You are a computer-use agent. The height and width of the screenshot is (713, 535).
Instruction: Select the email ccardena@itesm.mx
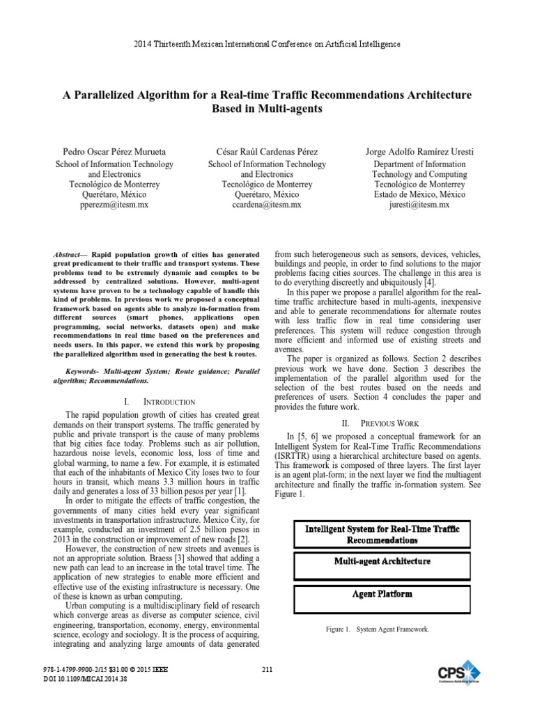[267, 205]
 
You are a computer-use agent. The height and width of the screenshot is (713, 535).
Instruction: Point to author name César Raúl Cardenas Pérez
[267, 151]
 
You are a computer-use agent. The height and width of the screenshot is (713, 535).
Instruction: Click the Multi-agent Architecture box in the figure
[382, 561]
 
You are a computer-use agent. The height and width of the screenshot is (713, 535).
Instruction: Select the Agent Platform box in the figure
[382, 594]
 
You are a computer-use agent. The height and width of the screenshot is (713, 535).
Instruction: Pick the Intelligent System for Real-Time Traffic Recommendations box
[382, 534]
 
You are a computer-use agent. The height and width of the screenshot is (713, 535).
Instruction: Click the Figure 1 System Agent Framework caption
[378, 629]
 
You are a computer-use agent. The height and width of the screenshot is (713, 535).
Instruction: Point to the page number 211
[267, 670]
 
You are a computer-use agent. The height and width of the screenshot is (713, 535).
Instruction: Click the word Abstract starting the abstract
[68, 256]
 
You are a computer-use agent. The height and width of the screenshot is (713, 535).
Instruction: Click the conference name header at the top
[267, 44]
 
